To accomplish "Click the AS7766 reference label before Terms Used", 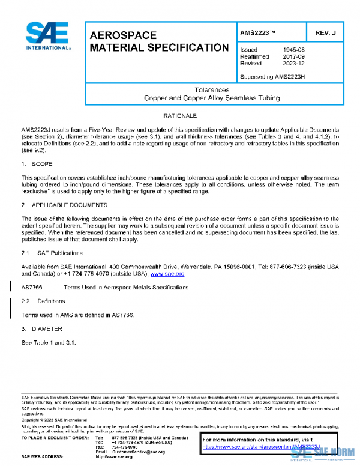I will tap(31, 288).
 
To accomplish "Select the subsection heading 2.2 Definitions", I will tap(43, 301).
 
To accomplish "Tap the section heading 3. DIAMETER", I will tap(41, 328).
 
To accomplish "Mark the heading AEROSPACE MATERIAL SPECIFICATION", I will tap(158, 41).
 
